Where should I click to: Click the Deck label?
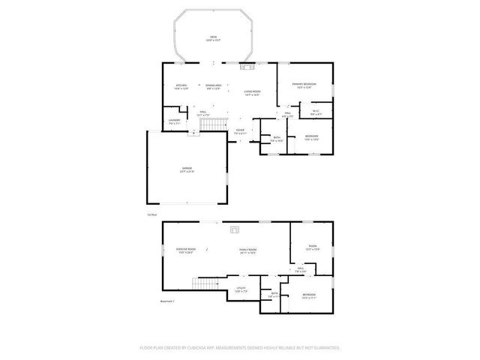213,37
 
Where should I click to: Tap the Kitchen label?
181,85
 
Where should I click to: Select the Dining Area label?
213,85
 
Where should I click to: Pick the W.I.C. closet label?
316,112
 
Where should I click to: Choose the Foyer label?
240,130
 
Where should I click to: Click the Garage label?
186,169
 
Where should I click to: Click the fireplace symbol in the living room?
245,67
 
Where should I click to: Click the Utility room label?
241,288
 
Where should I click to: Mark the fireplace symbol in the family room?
235,229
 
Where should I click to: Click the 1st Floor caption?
152,214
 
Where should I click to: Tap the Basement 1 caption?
167,302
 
